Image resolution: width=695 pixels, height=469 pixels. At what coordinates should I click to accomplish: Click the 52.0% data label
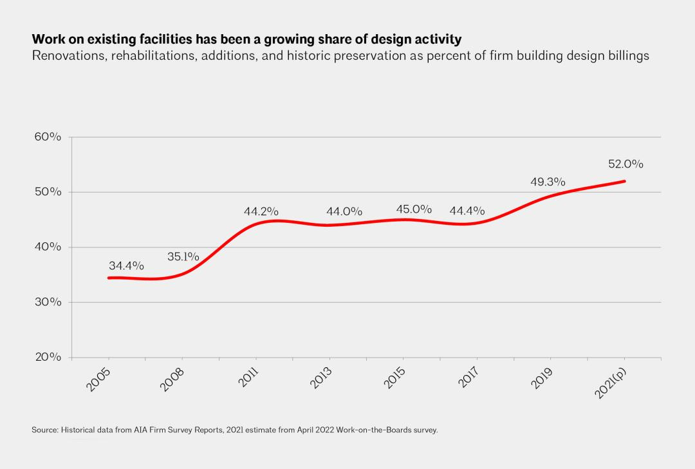[x=625, y=164]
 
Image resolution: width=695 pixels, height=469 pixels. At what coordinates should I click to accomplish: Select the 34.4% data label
[x=126, y=265]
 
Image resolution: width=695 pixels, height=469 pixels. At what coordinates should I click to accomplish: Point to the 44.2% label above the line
[x=261, y=211]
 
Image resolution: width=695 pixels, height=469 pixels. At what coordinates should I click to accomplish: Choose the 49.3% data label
[x=548, y=182]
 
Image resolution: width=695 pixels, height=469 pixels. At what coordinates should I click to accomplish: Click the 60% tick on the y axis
[x=48, y=137]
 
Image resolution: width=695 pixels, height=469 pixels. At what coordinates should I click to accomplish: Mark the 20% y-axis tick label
[x=48, y=358]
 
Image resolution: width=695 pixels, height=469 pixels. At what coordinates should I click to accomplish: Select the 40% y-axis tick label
[x=48, y=247]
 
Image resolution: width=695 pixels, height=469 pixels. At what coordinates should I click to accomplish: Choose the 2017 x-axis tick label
[x=468, y=378]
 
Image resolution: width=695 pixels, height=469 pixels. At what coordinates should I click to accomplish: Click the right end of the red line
[x=624, y=181]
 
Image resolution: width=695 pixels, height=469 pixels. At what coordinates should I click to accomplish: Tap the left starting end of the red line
[x=108, y=278]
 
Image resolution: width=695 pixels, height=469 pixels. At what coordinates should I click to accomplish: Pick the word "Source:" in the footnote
[x=45, y=430]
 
